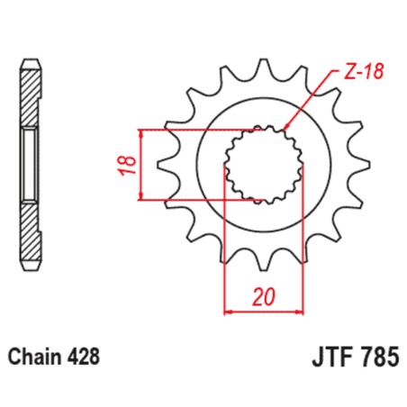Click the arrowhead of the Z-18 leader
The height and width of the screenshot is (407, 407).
tap(286, 128)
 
